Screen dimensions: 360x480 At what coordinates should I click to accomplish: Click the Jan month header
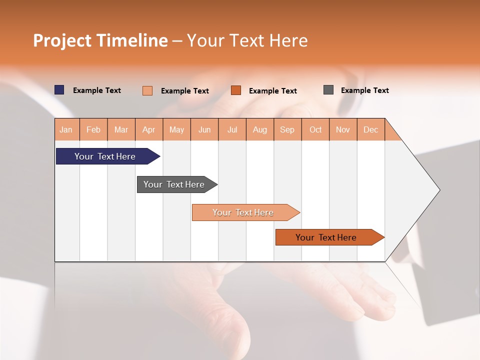coord(66,130)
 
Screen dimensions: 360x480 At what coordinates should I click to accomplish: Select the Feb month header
coord(93,130)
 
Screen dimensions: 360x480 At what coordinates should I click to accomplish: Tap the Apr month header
coord(149,130)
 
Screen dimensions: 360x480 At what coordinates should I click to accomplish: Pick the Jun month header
coord(204,130)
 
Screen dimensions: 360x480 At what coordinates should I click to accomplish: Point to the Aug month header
coord(260,130)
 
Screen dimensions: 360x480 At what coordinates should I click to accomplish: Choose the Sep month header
coord(287,130)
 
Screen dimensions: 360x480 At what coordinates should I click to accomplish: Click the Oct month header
coord(315,130)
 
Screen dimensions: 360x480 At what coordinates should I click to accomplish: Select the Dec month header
coord(371,130)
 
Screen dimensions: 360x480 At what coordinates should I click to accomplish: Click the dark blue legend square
coord(59,90)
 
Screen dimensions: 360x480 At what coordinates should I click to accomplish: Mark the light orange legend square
coord(147,90)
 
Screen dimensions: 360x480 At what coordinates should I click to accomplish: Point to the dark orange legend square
coord(236,90)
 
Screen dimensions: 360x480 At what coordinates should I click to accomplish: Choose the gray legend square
coord(328,90)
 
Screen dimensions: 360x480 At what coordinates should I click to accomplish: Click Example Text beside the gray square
coord(364,90)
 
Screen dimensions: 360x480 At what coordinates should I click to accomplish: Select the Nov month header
coord(343,130)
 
